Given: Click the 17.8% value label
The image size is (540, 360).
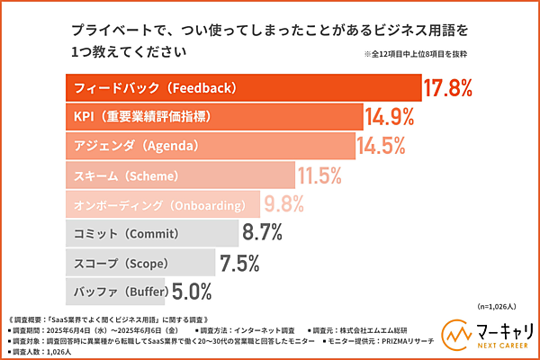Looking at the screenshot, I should [x=448, y=89].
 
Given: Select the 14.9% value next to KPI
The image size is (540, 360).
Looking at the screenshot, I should [x=389, y=117].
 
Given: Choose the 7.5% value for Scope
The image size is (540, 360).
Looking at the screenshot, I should [x=239, y=263].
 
